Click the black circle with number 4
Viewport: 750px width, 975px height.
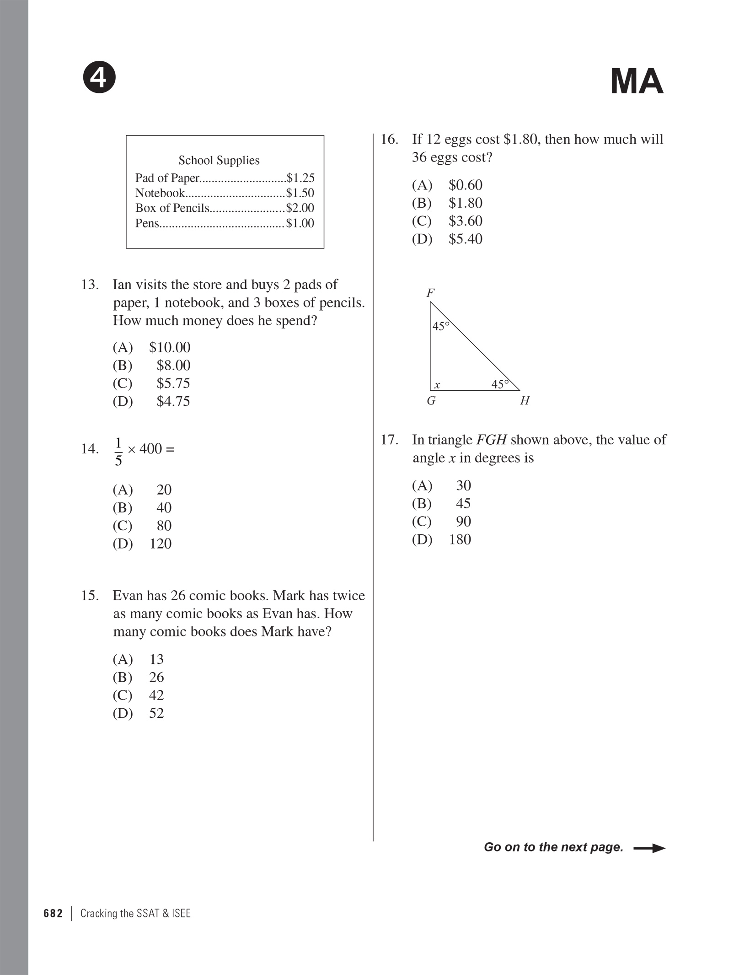99,78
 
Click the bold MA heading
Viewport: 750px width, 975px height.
637,82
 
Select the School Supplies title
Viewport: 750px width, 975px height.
219,161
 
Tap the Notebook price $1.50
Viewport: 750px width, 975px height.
300,193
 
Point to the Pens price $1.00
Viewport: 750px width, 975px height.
300,223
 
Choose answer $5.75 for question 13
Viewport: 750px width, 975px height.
173,383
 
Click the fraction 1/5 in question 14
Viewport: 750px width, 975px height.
118,452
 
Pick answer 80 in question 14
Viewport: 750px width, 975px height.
164,526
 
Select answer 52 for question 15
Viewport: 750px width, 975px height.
156,713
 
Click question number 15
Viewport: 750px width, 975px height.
90,596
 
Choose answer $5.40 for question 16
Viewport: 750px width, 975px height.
465,239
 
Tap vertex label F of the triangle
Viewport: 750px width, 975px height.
430,293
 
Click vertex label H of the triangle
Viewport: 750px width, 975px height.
525,401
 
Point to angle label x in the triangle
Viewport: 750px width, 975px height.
437,385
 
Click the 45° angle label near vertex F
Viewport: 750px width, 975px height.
441,326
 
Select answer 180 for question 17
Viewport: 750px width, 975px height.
460,539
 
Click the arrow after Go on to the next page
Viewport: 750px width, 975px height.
649,848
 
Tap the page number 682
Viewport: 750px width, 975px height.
53,913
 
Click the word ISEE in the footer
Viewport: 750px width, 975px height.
181,913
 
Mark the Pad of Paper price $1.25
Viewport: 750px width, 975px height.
300,178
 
